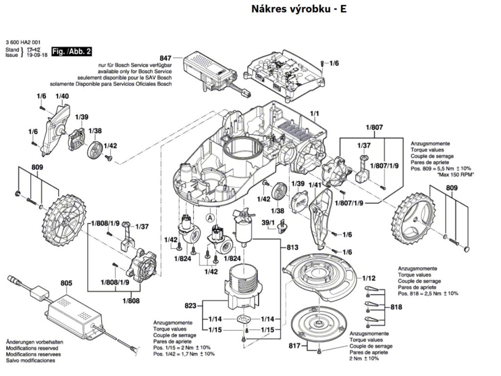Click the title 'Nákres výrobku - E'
(x=299, y=9)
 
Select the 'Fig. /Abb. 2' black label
(x=71, y=51)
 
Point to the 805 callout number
(x=66, y=283)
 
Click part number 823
(x=190, y=306)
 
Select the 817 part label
(x=294, y=346)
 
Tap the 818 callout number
(x=396, y=307)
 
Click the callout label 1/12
(x=369, y=279)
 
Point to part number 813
(x=293, y=247)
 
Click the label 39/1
(x=269, y=223)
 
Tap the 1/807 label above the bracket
(x=374, y=128)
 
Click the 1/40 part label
(x=62, y=96)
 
